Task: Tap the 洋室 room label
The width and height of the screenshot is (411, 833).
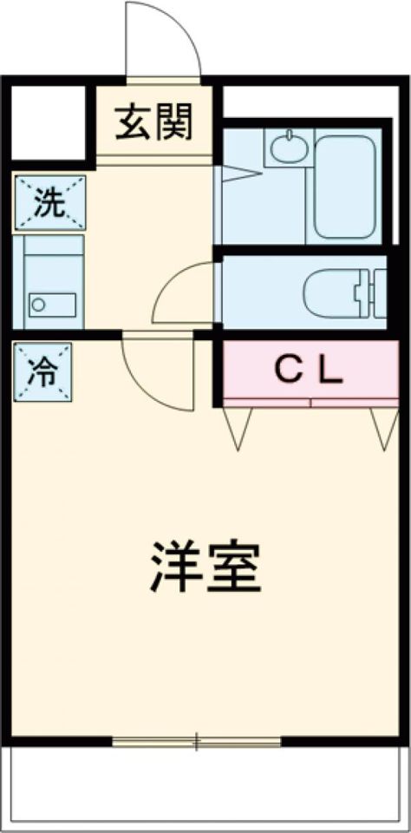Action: tap(205, 567)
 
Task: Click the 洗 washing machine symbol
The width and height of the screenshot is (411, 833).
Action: tap(50, 203)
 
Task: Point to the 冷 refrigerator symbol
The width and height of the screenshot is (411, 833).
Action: tap(42, 372)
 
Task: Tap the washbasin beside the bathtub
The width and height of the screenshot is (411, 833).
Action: tap(288, 148)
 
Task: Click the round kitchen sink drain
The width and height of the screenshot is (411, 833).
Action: tap(38, 305)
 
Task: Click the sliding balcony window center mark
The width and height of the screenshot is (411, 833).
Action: tap(197, 742)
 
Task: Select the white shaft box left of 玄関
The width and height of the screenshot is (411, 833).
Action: tap(49, 122)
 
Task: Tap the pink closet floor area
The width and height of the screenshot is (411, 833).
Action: tap(310, 370)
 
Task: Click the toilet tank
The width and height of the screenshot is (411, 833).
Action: tap(378, 293)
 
